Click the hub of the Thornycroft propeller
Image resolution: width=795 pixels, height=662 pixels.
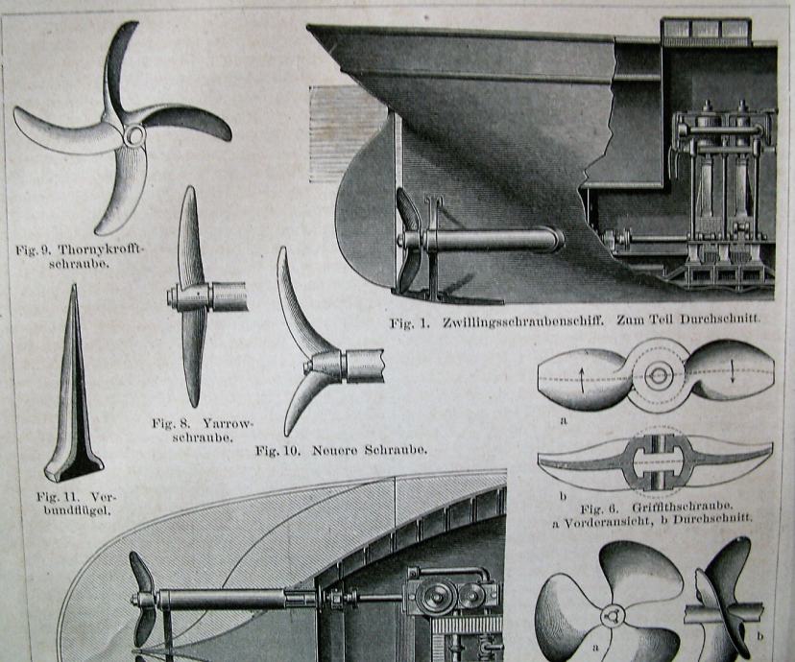coord(132,136)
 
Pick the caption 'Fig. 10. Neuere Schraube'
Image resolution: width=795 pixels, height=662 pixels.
coord(341,449)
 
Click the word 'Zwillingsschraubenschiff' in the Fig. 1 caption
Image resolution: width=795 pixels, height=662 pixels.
coord(524,322)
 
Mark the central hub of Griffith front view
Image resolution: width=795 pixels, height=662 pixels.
coord(658,375)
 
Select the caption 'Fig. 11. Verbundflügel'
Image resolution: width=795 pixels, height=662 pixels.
coord(75,504)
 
